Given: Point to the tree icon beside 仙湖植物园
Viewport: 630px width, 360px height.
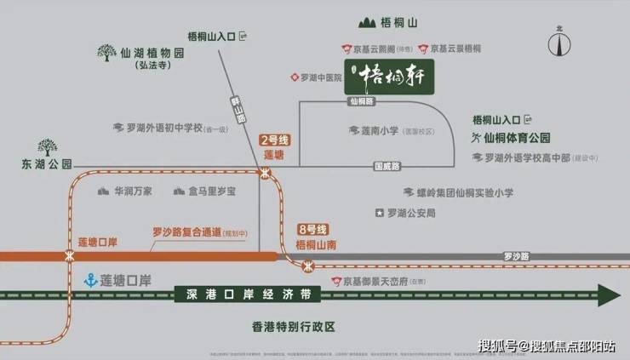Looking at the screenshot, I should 106,54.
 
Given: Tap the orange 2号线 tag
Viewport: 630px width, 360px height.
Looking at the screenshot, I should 273,140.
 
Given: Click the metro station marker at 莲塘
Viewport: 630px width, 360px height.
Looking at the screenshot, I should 266,173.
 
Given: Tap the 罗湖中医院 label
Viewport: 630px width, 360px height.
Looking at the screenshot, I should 321,77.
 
